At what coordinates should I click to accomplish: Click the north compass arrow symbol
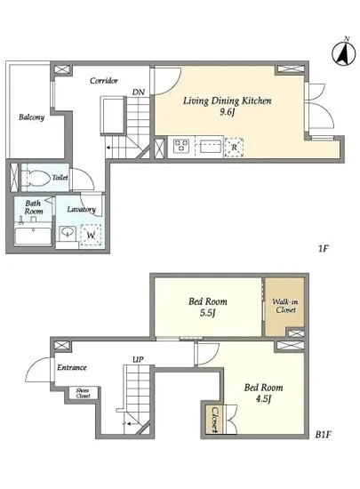(x=344, y=53)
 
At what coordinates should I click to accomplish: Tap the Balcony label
(x=31, y=117)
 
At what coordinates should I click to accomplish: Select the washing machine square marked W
(x=91, y=235)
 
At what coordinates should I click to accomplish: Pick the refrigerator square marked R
(x=234, y=148)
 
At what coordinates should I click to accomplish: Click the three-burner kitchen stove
(x=181, y=147)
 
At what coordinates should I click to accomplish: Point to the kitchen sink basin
(x=211, y=147)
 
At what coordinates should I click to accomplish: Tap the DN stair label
(x=139, y=92)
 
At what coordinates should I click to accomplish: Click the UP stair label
(x=138, y=359)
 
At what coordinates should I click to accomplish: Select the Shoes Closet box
(x=83, y=393)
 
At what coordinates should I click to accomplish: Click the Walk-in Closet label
(x=285, y=306)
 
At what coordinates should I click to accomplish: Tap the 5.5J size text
(x=208, y=313)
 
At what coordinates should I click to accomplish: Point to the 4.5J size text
(x=263, y=399)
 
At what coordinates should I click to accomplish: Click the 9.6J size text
(x=227, y=112)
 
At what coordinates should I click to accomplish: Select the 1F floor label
(x=324, y=249)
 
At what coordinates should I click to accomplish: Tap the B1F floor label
(x=323, y=435)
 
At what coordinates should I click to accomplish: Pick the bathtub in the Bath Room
(x=33, y=236)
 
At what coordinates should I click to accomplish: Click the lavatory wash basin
(x=68, y=232)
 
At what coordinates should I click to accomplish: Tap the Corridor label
(x=104, y=81)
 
